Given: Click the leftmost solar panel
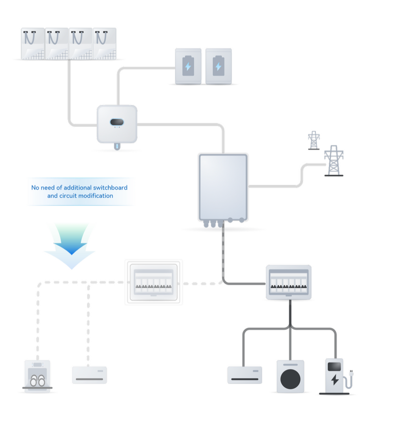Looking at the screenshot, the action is tap(33, 43).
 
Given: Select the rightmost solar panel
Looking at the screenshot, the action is tap(104, 43).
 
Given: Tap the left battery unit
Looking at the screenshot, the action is tap(188, 66).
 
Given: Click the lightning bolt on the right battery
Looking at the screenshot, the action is tap(218, 67).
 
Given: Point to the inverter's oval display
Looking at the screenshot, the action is tap(117, 122).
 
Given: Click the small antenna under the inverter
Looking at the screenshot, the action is tap(117, 146).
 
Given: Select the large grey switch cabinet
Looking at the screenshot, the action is tap(223, 187).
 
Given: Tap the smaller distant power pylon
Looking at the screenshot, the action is tap(314, 140).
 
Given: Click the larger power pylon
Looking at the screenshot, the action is tap(334, 161).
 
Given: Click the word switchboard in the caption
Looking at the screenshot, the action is tap(112, 188).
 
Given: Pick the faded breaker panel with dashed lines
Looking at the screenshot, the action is tap(154, 282).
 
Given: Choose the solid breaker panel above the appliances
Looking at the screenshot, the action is tap(289, 282).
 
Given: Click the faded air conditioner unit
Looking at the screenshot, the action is tap(89, 375).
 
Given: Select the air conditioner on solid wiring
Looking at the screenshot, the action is tap(244, 375).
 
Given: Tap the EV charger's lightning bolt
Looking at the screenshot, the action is tap(335, 380).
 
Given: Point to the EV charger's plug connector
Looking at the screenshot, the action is tap(351, 373).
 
